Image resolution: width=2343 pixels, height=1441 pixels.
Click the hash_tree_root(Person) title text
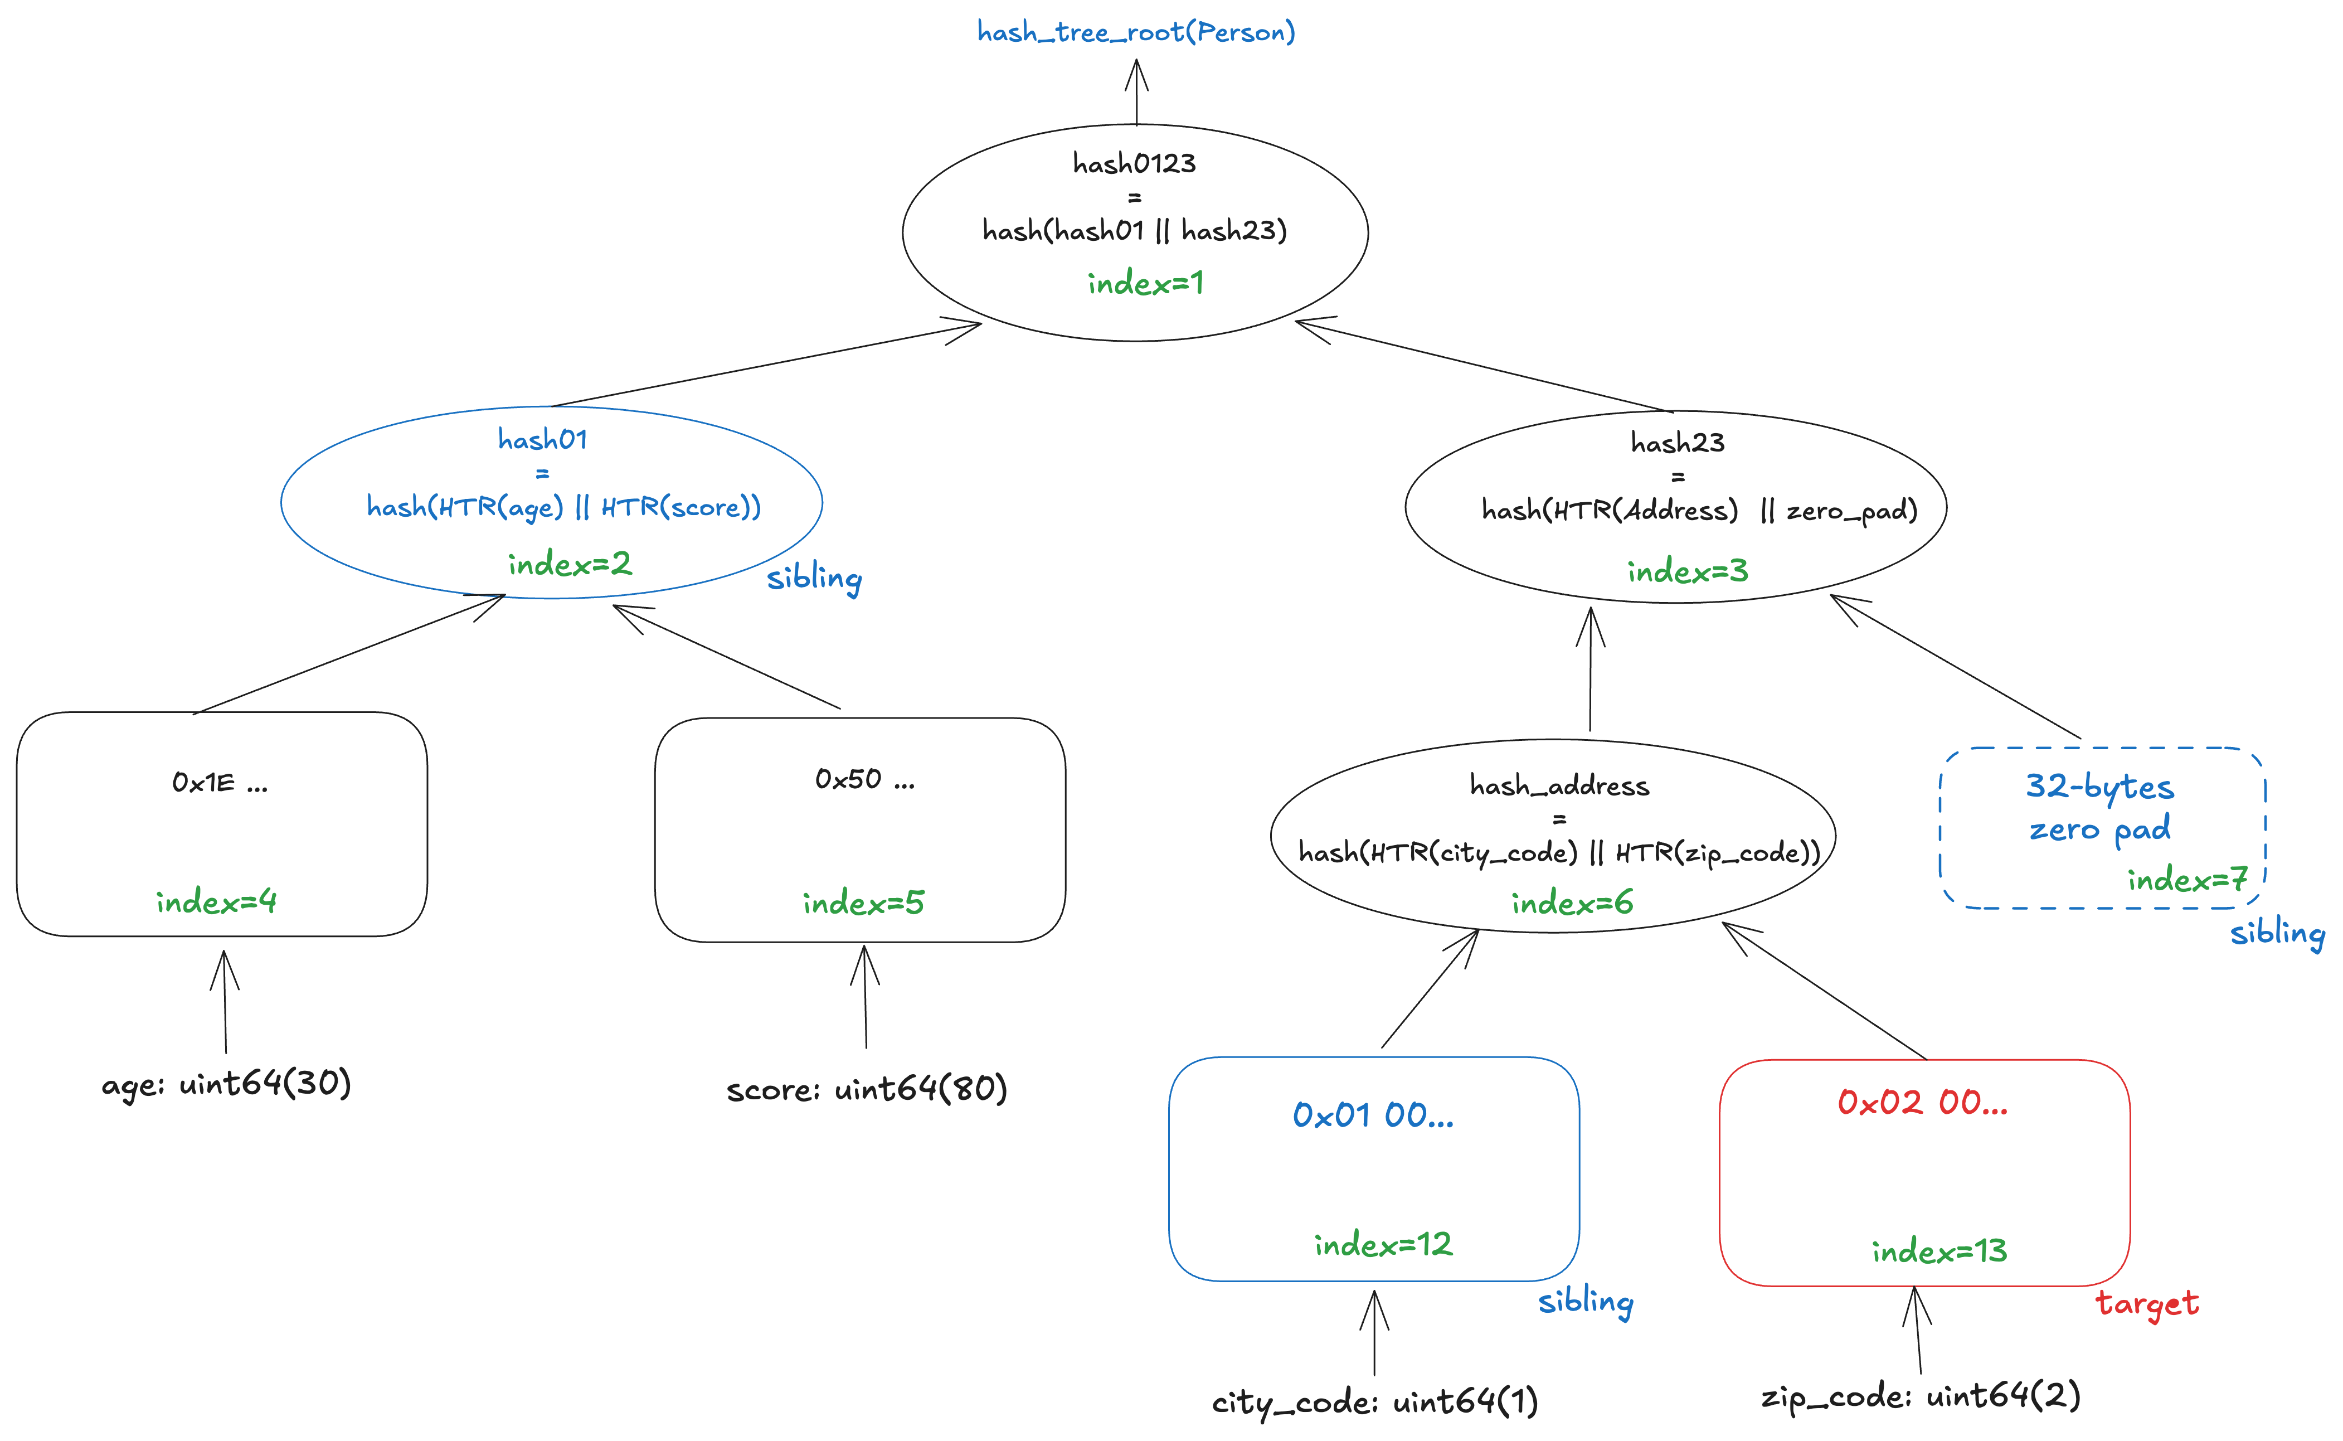tap(1136, 32)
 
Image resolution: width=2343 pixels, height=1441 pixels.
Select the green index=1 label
tap(1145, 283)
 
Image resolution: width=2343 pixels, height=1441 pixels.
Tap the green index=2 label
tap(570, 564)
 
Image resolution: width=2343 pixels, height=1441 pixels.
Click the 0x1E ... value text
tap(220, 783)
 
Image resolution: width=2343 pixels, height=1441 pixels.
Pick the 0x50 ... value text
tap(864, 779)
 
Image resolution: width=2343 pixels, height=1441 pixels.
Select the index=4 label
tap(216, 901)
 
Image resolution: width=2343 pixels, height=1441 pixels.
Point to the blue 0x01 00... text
tap(1373, 1115)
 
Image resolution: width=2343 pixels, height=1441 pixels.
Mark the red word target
tap(2147, 1303)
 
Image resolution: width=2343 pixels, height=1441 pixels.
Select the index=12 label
tap(1383, 1245)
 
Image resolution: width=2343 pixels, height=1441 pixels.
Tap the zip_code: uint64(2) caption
tap(1920, 1397)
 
